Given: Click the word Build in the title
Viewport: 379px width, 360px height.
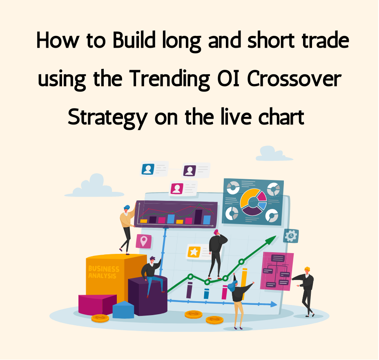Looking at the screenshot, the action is pos(134,40).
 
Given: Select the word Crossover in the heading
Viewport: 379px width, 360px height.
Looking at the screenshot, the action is pos(294,78).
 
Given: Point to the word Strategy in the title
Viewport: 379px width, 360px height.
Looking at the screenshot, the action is pos(107,118).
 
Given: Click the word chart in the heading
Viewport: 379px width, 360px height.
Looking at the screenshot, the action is pos(281,117).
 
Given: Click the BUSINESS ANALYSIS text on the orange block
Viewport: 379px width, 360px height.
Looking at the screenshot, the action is pos(104,272).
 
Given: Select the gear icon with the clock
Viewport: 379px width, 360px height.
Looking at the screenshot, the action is pos(291,236).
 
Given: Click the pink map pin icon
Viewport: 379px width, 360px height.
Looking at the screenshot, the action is pos(144,241).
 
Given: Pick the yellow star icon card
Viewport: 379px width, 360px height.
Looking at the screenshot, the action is pos(194,252).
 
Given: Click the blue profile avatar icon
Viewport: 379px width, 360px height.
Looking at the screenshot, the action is pos(148,169).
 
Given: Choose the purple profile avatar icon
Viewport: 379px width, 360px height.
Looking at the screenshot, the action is pos(189,171).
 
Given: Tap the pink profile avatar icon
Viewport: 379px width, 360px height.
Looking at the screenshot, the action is pos(177,189).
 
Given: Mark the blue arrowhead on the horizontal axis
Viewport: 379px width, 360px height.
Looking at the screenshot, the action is pos(274,304).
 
